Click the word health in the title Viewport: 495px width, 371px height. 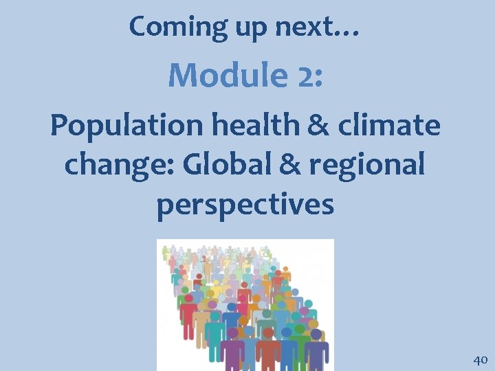click(x=241, y=126)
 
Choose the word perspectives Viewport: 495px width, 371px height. click(x=245, y=204)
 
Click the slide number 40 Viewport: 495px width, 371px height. click(x=480, y=359)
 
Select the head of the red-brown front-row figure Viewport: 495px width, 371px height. click(x=268, y=333)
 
